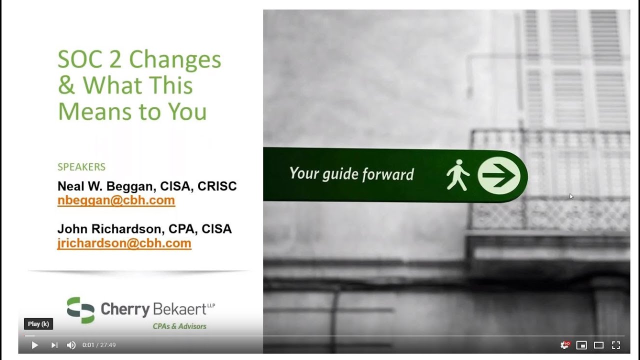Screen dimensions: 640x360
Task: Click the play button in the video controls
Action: (x=35, y=345)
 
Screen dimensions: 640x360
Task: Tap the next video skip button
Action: (x=54, y=345)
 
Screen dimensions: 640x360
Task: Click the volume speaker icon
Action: (x=71, y=345)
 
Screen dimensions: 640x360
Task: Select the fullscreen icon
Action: (x=616, y=345)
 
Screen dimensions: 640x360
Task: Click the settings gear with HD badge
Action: (x=565, y=345)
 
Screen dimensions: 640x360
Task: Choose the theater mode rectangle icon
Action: (x=598, y=345)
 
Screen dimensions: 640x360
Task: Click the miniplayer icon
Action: (x=581, y=345)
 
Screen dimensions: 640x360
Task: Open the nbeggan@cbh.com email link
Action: (x=116, y=200)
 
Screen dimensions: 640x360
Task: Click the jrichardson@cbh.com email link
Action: (x=124, y=243)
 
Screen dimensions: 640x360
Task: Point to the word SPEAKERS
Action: (x=81, y=167)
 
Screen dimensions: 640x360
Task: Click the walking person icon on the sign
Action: (x=457, y=175)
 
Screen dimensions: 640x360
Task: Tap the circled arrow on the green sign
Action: (x=499, y=175)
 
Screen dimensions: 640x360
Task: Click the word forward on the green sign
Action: (x=388, y=174)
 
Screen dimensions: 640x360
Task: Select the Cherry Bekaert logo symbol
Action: (x=80, y=310)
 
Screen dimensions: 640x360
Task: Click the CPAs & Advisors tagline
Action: (x=179, y=326)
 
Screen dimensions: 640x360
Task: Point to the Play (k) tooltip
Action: (x=38, y=324)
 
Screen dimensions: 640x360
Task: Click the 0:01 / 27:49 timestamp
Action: (x=99, y=345)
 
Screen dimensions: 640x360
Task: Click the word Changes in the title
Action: (x=175, y=59)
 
